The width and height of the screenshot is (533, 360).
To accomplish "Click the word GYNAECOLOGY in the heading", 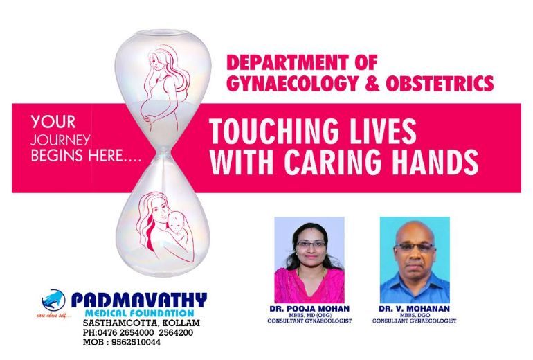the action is [292, 84].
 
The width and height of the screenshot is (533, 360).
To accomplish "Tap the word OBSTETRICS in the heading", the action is [440, 84].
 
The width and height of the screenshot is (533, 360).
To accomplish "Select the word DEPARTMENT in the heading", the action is [287, 62].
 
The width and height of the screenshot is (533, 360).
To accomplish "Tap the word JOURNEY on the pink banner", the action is [60, 140].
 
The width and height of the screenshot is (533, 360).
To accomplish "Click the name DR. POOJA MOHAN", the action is [309, 309].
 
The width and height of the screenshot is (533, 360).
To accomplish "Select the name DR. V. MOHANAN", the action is [414, 309].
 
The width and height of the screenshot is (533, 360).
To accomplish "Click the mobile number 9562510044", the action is [136, 342].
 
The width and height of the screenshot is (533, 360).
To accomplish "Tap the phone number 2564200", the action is [176, 332].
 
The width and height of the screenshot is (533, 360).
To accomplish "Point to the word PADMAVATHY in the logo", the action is [138, 300].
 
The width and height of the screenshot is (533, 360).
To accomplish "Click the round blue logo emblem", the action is [53, 300].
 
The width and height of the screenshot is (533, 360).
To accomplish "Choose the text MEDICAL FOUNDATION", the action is [139, 313].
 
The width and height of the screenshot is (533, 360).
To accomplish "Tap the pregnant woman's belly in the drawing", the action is [150, 110].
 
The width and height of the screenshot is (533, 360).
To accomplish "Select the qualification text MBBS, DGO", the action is [415, 316].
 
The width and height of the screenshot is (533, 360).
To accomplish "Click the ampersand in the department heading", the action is [372, 84].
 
